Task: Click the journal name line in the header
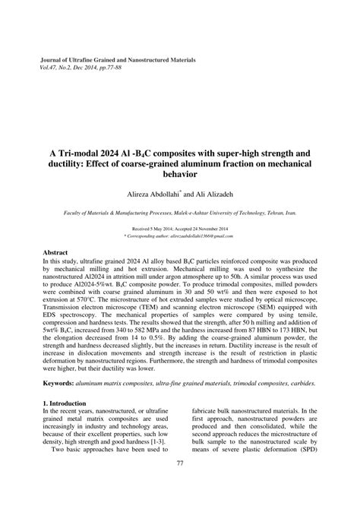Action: tap(118, 59)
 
